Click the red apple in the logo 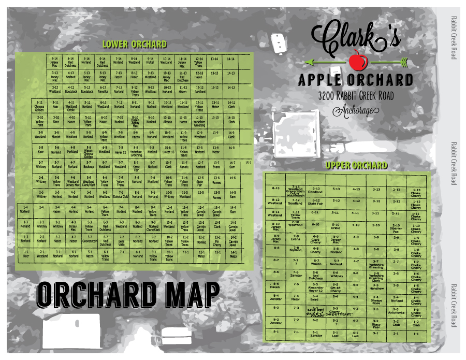coord(355,61)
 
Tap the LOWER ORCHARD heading coord(134,45)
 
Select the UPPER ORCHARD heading coord(356,166)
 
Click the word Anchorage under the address coord(355,110)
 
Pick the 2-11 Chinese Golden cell coord(39,106)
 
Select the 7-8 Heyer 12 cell coord(120,150)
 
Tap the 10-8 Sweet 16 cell coord(168,150)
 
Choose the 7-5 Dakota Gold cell coord(120,195)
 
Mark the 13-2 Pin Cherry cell coord(217,240)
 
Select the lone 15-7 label coord(249,163)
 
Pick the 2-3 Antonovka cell coord(396,311)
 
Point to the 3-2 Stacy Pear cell coord(376,323)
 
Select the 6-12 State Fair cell coord(316,202)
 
